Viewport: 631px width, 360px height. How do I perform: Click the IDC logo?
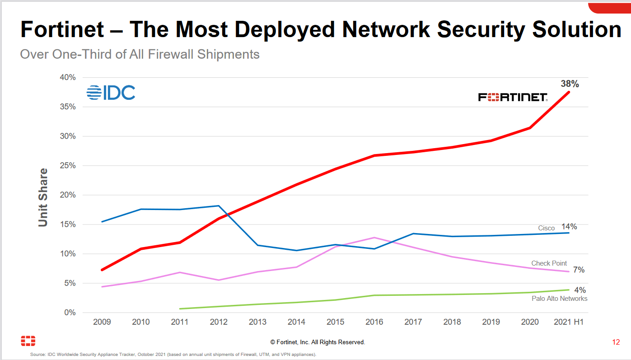point(111,93)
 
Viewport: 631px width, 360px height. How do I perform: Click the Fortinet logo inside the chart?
point(513,97)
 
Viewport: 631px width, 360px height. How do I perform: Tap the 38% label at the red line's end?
point(570,84)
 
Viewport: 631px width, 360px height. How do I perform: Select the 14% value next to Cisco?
point(569,227)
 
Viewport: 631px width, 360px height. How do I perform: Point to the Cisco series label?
point(546,228)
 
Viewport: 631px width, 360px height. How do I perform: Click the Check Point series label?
point(549,263)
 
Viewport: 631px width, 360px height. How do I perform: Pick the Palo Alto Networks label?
point(559,299)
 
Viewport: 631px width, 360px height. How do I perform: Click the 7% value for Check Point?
point(579,270)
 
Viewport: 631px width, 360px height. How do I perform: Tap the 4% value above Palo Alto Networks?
point(580,290)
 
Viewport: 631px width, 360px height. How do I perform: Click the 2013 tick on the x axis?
point(257,322)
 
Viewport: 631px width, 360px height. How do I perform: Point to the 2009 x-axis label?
point(102,322)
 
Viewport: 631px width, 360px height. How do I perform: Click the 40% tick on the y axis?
point(67,77)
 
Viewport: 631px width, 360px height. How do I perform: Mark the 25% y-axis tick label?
point(67,166)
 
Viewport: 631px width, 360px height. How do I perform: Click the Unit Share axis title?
point(43,197)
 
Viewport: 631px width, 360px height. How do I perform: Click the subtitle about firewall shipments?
point(140,54)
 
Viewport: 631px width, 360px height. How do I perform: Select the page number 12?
point(616,342)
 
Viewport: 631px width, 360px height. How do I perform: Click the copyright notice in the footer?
point(318,342)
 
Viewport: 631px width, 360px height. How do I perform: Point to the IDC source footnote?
point(173,355)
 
